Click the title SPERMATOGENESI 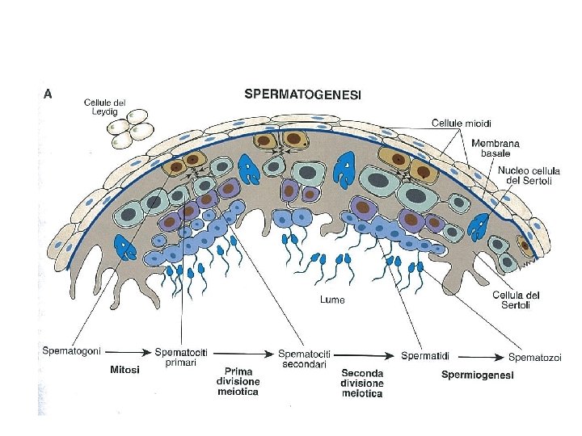(x=302, y=94)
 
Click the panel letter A (x=48, y=93)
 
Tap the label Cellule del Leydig (x=105, y=107)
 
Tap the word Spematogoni (x=72, y=352)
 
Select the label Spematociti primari (x=181, y=357)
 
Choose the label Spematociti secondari (x=305, y=358)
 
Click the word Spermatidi (x=425, y=355)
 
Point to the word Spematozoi (x=534, y=357)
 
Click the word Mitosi (x=124, y=370)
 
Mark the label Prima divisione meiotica (x=238, y=381)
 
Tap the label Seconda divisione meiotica (x=362, y=384)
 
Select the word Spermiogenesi (x=477, y=375)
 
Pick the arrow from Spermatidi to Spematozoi (x=479, y=355)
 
